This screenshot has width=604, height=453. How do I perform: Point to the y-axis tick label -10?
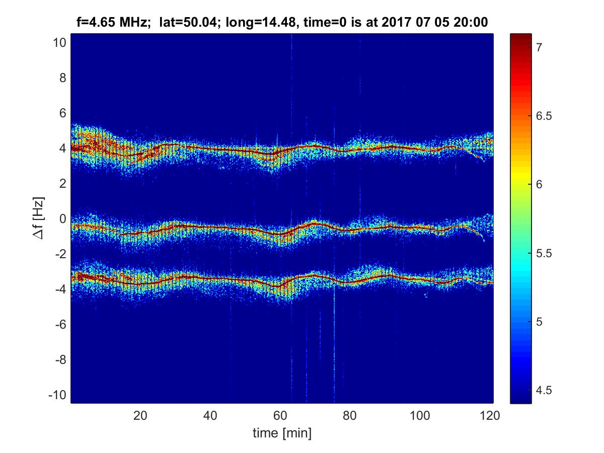57,395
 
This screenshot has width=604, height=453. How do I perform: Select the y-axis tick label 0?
62,219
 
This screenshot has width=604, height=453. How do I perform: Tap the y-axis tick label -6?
60,324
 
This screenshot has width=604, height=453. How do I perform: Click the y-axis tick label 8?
62,78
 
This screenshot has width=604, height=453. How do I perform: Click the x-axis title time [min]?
282,433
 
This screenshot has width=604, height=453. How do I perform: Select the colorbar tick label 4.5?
542,390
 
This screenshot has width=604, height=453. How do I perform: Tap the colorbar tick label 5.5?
542,253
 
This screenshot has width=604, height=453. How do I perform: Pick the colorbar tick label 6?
539,185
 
